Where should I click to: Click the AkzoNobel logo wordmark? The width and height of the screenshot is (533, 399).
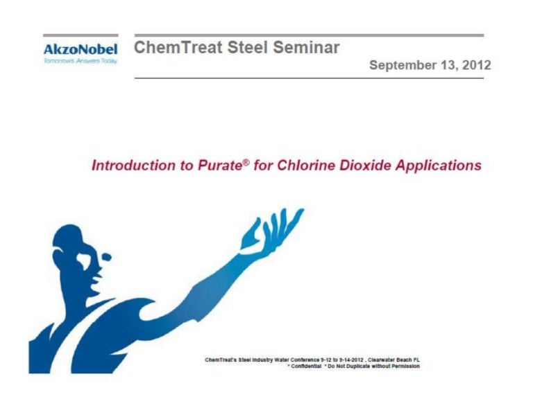point(80,49)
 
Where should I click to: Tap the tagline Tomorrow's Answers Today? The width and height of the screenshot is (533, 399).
point(80,61)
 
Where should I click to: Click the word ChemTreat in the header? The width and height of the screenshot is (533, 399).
point(166,48)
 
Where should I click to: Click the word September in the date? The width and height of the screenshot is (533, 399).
point(402,66)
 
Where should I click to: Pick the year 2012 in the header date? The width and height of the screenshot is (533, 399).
point(476,66)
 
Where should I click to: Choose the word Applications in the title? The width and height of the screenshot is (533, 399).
point(438,166)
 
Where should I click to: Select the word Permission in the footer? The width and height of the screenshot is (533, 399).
point(405,366)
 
